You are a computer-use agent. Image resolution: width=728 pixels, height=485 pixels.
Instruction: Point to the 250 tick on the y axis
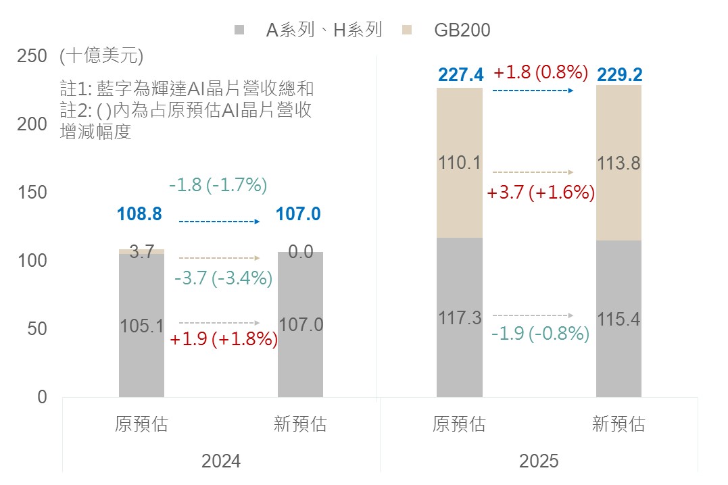(32, 56)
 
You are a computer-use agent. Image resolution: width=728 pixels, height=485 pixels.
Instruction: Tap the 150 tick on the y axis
(32, 193)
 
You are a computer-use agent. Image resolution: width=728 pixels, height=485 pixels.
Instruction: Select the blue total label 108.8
(139, 215)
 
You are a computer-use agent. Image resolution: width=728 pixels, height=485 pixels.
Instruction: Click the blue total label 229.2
(619, 74)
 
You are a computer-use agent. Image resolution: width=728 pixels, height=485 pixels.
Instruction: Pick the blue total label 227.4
(460, 74)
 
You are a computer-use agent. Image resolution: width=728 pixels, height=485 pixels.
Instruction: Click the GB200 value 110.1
(460, 162)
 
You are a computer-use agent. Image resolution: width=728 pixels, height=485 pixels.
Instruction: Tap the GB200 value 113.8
(618, 163)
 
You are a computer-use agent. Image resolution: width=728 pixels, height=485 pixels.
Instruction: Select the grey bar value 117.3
(460, 317)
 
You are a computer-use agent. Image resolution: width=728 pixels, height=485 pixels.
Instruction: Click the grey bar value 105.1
(141, 326)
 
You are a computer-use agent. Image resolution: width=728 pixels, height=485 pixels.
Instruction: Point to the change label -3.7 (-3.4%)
(223, 278)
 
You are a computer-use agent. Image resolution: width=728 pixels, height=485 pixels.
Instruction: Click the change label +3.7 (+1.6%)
(541, 193)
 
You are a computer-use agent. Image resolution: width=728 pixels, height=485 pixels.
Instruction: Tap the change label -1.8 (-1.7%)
(218, 184)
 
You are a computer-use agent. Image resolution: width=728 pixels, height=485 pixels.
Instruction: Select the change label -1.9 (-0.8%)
(541, 333)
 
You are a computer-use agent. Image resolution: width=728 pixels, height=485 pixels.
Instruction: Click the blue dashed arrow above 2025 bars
(533, 90)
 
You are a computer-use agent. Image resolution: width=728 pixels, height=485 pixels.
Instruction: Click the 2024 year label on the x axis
(221, 461)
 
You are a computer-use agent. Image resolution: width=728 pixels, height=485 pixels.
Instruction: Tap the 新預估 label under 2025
(618, 424)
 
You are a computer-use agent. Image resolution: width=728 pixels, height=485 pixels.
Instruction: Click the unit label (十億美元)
(101, 56)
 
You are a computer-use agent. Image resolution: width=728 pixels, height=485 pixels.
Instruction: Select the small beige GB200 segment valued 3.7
(141, 251)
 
